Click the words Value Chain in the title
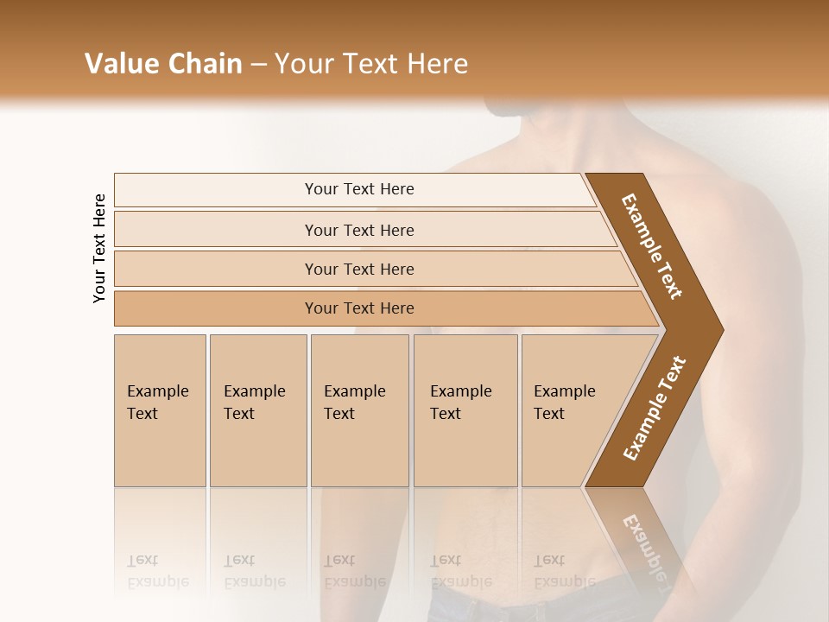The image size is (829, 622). [x=163, y=64]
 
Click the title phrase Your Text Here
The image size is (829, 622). [x=371, y=64]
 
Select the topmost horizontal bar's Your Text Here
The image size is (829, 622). [x=359, y=189]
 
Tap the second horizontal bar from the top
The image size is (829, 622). [x=359, y=230]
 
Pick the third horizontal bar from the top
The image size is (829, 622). [x=359, y=269]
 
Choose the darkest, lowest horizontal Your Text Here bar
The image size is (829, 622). [x=359, y=308]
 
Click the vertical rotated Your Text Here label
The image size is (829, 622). [x=99, y=248]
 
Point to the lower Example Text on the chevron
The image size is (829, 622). [x=654, y=408]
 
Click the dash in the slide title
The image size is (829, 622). [x=258, y=65]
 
